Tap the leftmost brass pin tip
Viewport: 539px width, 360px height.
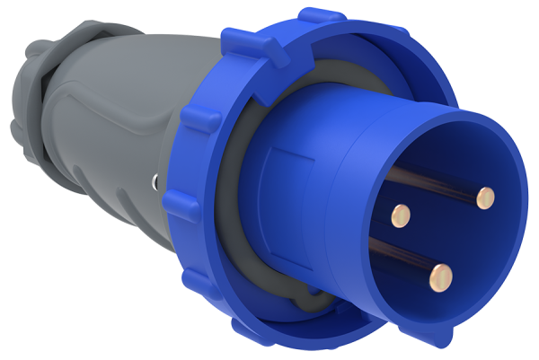[402, 214]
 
